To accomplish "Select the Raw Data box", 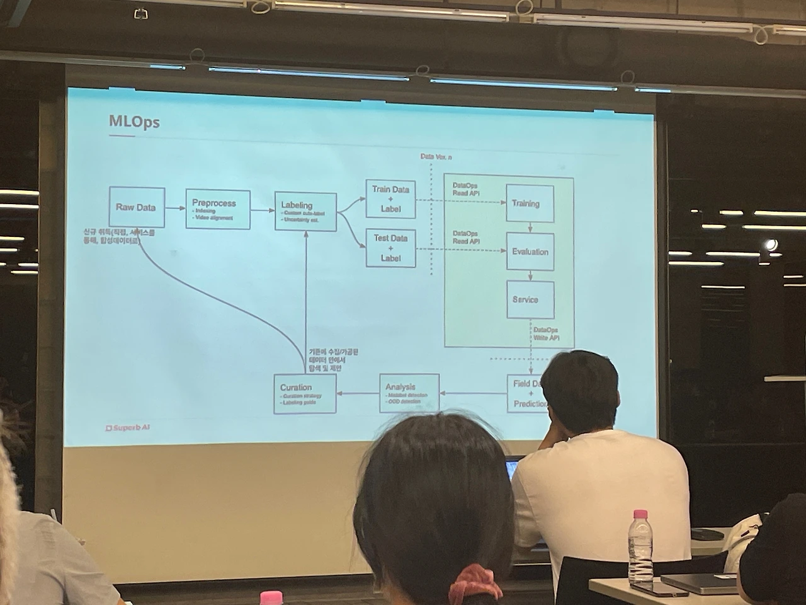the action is [136, 207].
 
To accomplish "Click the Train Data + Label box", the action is [390, 199].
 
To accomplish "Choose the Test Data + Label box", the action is [390, 248].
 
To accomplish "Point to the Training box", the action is [530, 203].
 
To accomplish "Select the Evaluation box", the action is [530, 251].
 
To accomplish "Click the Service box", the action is [530, 299].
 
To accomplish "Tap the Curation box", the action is [305, 394].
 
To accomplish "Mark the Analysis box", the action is [409, 394].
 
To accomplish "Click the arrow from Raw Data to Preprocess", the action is [176, 208].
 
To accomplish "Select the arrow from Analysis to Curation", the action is [358, 393].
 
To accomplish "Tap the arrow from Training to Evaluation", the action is [530, 227].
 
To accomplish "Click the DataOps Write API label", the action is [546, 334].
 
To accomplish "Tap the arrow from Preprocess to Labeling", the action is [262, 210].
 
